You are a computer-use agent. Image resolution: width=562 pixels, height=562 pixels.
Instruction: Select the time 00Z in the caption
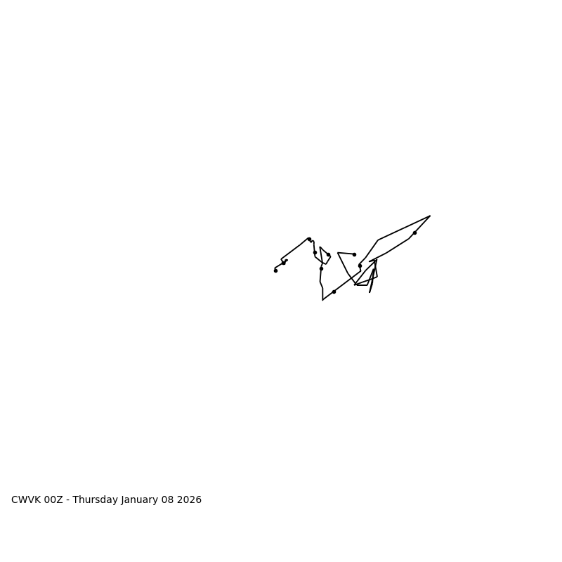[54, 500]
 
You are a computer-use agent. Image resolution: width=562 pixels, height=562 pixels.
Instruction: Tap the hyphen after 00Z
[68, 500]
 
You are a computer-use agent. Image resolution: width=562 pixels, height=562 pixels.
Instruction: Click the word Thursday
[95, 500]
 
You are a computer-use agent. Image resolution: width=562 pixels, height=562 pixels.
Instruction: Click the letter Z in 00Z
[60, 500]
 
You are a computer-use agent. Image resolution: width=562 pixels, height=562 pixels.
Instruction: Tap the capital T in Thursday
[75, 500]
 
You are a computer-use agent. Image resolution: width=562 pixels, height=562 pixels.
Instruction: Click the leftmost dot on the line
[275, 270]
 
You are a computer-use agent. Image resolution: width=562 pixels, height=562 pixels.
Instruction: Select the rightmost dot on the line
[414, 233]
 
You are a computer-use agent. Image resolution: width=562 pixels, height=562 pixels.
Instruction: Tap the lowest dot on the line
[334, 292]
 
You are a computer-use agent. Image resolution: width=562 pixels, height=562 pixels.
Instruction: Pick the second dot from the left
[284, 263]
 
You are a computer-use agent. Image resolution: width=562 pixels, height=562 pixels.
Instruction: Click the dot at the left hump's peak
[309, 239]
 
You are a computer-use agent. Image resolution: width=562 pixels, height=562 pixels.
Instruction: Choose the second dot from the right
[360, 266]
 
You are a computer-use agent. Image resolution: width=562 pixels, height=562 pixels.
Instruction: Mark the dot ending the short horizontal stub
[354, 254]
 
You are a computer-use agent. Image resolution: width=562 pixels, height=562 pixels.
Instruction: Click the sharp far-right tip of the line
[430, 216]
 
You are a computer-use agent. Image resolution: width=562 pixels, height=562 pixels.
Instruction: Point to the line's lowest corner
[322, 300]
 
